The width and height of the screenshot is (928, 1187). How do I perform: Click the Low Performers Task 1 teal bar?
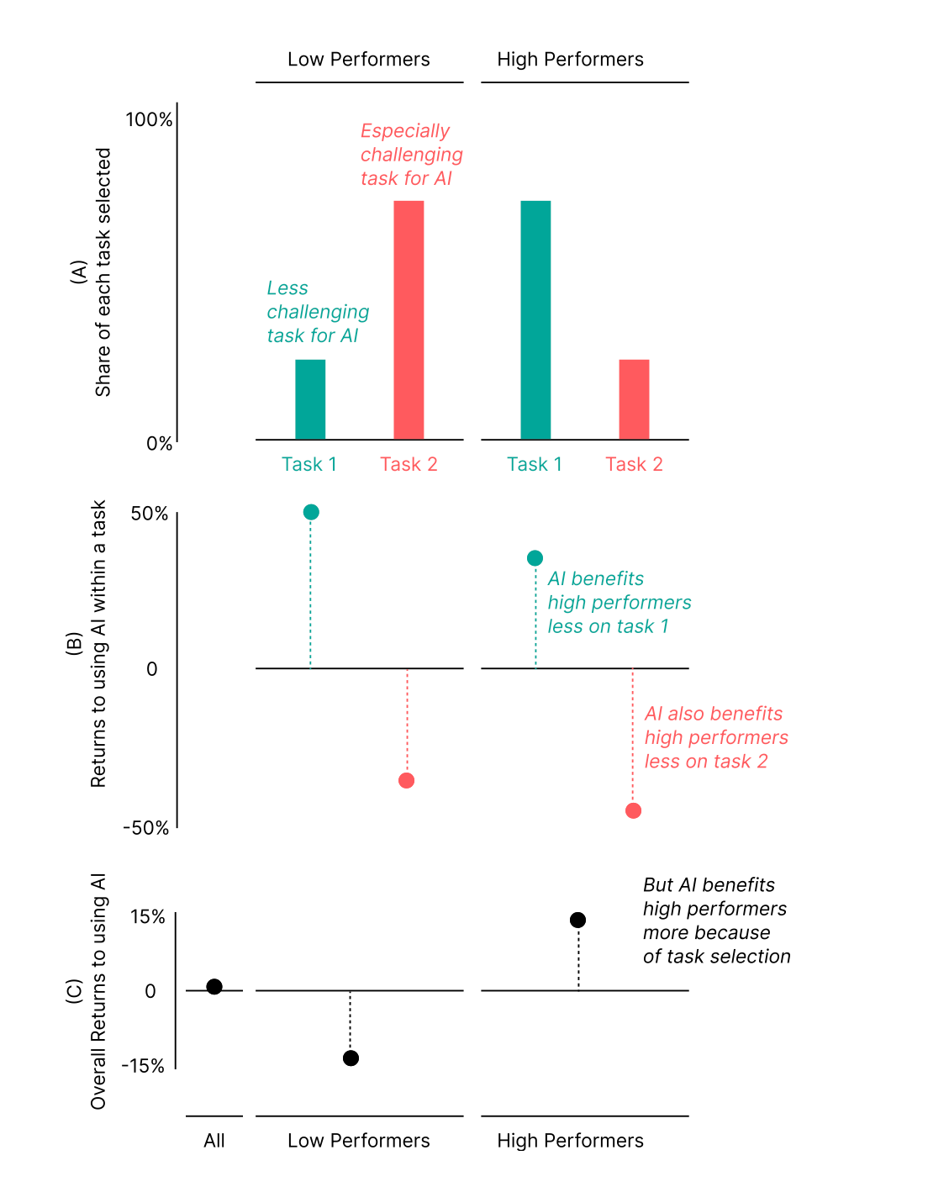310,399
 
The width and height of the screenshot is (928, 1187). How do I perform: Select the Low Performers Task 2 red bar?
409,319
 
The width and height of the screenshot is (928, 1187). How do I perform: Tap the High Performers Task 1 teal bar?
535,319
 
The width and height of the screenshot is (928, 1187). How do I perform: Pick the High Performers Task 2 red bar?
634,399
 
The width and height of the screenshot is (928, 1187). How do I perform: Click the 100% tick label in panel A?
149,119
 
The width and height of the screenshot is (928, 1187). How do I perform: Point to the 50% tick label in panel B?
150,514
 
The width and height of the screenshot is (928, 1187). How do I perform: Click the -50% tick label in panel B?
146,828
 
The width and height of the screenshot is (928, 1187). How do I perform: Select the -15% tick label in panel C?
143,1066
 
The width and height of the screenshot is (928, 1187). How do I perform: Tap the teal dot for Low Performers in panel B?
311,512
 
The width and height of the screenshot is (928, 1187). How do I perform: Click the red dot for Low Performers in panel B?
407,781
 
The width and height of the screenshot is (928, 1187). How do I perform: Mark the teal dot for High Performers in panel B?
535,558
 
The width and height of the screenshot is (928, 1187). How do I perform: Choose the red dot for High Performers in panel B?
633,810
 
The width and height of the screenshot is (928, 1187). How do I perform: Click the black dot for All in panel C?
214,986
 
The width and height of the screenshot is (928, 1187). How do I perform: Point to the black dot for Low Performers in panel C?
351,1058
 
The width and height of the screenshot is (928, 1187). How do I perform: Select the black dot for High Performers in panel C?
577,920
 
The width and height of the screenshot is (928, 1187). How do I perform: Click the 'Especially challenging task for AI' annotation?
411,155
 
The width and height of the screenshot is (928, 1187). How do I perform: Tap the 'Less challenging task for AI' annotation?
318,312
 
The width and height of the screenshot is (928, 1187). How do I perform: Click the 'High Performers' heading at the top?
570,60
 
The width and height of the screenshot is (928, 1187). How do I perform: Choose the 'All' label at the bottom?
214,1141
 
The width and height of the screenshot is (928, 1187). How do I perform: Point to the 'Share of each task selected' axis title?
103,272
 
